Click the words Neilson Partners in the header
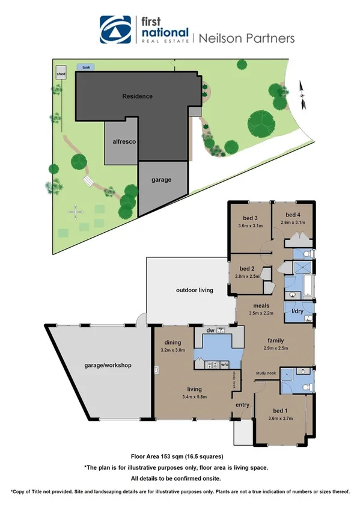246,38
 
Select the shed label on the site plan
61,75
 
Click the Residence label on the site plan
137,96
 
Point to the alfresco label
123,141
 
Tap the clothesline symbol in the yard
75,211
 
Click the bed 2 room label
248,268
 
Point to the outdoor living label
194,290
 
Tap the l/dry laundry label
298,311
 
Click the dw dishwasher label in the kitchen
210,330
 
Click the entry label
242,405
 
